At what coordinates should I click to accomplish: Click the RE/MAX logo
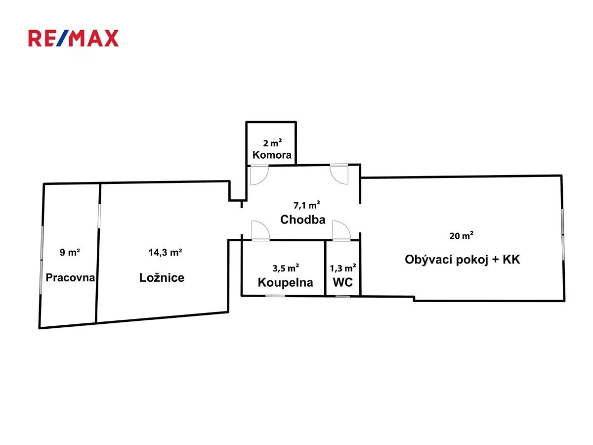pyautogui.click(x=73, y=38)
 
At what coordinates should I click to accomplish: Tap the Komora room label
pyautogui.click(x=272, y=155)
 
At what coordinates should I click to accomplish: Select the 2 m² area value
pyautogui.click(x=272, y=143)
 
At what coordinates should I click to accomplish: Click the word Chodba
pyautogui.click(x=302, y=220)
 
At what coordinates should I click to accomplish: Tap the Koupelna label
pyautogui.click(x=285, y=282)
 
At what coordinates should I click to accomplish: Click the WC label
pyautogui.click(x=342, y=282)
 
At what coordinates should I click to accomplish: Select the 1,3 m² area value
pyautogui.click(x=343, y=268)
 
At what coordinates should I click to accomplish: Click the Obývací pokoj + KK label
pyautogui.click(x=462, y=259)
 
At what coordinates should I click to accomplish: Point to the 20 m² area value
pyautogui.click(x=461, y=236)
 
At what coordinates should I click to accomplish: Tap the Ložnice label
pyautogui.click(x=162, y=277)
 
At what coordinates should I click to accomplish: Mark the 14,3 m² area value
pyautogui.click(x=166, y=253)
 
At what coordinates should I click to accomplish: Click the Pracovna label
pyautogui.click(x=70, y=277)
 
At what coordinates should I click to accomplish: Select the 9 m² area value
pyautogui.click(x=70, y=253)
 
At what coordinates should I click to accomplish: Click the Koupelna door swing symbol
pyautogui.click(x=259, y=231)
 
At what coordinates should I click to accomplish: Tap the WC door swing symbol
pyautogui.click(x=341, y=231)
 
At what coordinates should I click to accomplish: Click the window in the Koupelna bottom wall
pyautogui.click(x=275, y=296)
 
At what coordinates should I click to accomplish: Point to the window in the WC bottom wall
pyautogui.click(x=342, y=296)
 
